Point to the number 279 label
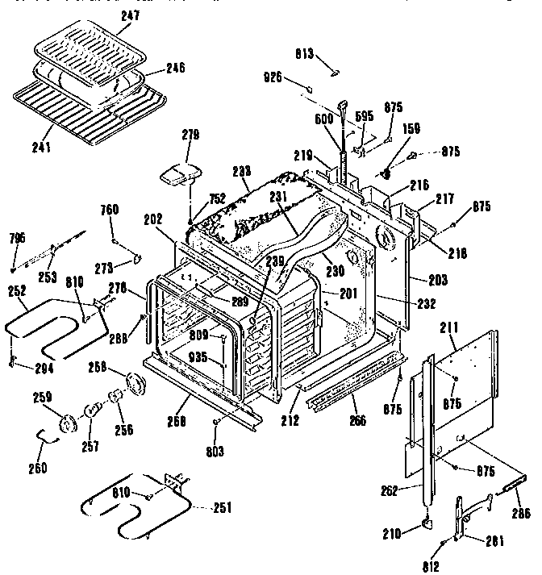[190, 134]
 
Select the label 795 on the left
[18, 237]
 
